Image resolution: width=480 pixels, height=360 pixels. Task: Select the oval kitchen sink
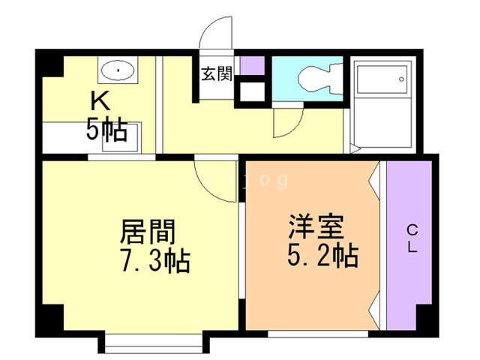[118, 73]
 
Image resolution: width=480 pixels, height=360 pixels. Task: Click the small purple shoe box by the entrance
[253, 66]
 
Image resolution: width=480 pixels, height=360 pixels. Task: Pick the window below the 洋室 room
[317, 334]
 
